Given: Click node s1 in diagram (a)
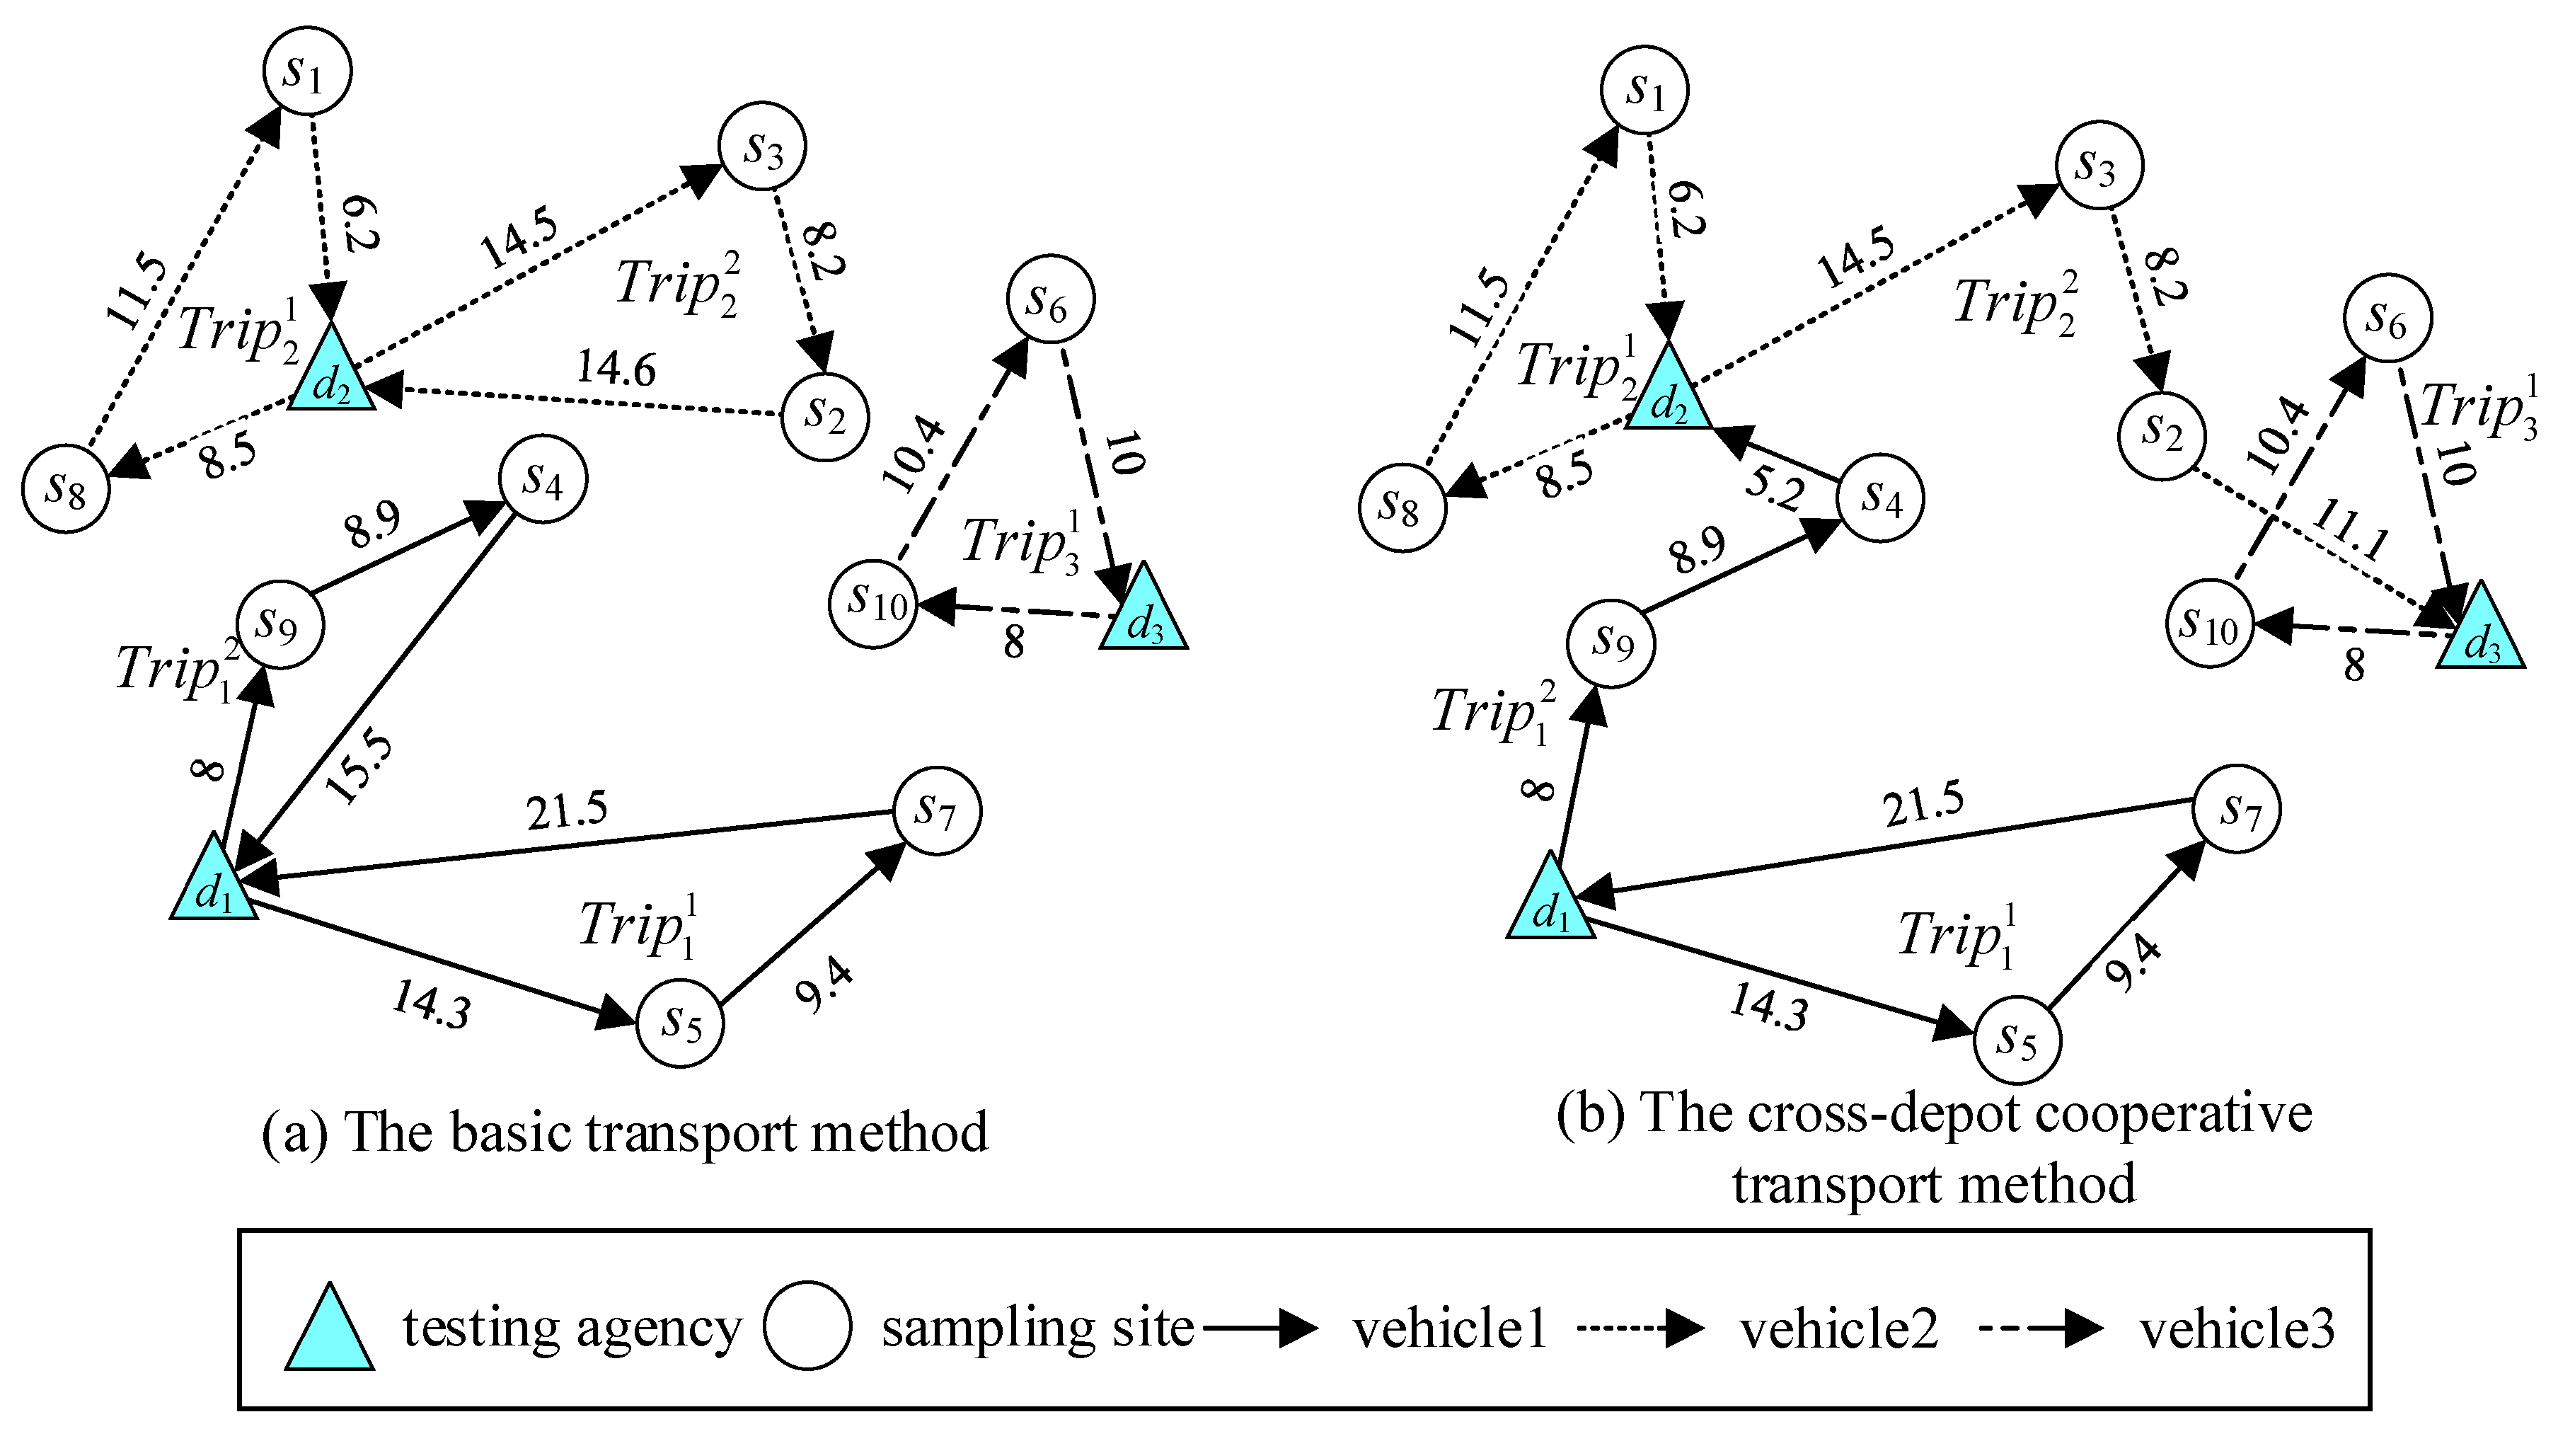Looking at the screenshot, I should (x=307, y=71).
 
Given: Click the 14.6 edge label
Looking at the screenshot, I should (x=616, y=369).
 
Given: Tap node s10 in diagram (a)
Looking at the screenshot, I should (x=874, y=603).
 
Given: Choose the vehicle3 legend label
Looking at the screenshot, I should (x=2235, y=1328).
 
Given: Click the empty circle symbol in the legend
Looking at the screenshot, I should (x=807, y=1326).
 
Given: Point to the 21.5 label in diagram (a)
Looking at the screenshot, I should (x=567, y=811).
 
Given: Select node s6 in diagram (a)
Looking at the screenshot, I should (x=1051, y=299).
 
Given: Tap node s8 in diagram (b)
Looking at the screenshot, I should (x=1402, y=508).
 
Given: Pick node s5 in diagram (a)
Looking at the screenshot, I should (x=680, y=1024).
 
